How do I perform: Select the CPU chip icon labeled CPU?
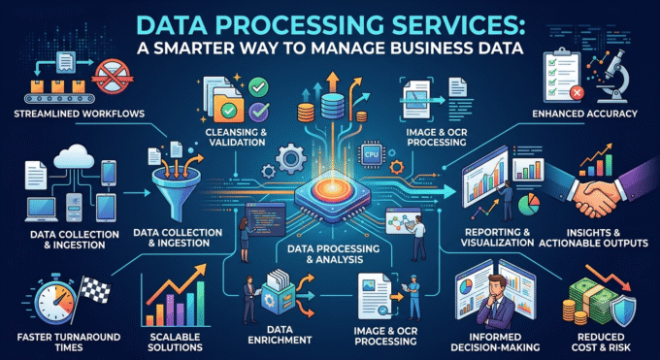(x=372, y=154)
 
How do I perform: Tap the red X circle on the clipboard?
(x=577, y=92)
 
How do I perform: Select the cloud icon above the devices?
(x=74, y=156)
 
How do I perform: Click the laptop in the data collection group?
(x=42, y=210)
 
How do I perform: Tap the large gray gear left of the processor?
(x=290, y=159)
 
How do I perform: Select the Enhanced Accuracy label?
(x=584, y=114)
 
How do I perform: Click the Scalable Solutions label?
(x=175, y=342)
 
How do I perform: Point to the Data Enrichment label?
(x=280, y=335)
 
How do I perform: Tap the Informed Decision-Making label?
(x=495, y=342)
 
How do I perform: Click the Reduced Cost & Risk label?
(x=601, y=342)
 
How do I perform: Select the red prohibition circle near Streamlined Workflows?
(x=113, y=77)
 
